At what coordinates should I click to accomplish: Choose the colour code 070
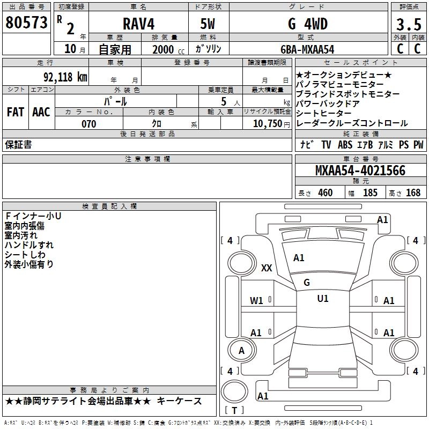(89, 124)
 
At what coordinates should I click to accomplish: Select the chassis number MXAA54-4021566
(360, 171)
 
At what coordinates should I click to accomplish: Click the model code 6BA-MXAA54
(307, 49)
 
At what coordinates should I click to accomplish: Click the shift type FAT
(16, 112)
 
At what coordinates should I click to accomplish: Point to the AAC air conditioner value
(41, 112)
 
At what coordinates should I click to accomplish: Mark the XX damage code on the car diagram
(267, 268)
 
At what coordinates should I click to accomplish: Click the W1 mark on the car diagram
(256, 301)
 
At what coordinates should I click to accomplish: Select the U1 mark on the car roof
(323, 299)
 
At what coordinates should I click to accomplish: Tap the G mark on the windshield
(307, 283)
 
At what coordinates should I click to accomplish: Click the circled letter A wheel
(242, 351)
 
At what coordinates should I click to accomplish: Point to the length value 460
(325, 193)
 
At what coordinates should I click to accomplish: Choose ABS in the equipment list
(345, 145)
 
